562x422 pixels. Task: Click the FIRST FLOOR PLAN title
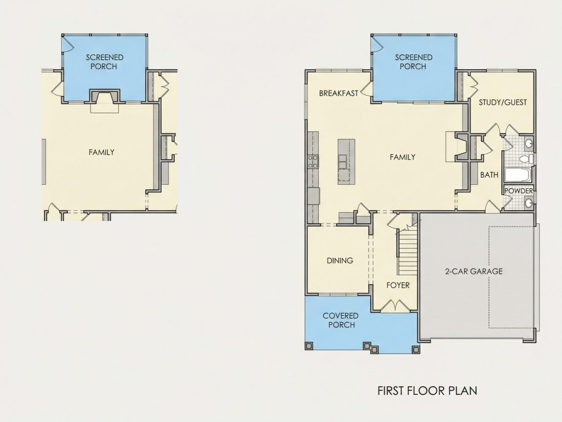(427, 390)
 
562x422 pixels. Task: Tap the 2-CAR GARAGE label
(474, 271)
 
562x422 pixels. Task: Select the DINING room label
(340, 260)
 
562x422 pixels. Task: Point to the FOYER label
(398, 285)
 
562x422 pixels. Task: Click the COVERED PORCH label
(340, 320)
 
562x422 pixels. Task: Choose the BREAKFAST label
(338, 93)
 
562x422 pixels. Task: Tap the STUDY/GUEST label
(503, 102)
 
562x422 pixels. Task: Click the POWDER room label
(518, 191)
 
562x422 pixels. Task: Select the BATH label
(489, 175)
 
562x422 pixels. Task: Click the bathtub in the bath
(518, 175)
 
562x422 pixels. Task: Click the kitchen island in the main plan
(346, 162)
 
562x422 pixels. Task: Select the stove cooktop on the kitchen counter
(313, 162)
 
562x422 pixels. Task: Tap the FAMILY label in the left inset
(102, 152)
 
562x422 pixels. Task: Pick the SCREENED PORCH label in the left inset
(104, 62)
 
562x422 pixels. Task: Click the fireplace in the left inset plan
(104, 97)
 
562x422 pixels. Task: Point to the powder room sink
(529, 203)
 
